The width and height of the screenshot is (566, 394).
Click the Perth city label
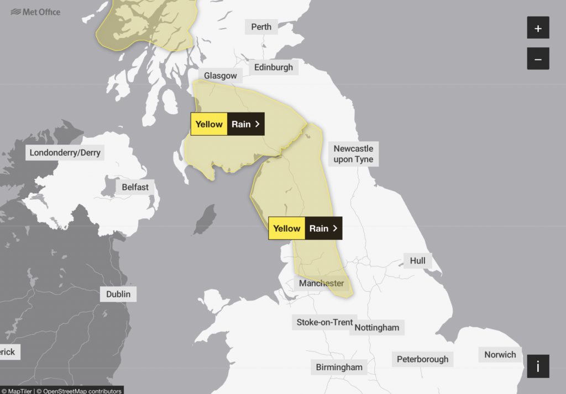261,26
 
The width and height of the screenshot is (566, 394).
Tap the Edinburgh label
274,67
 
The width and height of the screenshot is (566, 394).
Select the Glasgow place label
220,76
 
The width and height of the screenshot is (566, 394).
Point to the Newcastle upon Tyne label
353,154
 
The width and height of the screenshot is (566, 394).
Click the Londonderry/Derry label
65,153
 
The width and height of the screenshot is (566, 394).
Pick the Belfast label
135,187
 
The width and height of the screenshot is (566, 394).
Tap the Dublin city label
118,294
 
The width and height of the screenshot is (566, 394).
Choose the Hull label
417,260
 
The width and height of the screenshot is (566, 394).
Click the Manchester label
321,283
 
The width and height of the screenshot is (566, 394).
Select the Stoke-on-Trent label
324,322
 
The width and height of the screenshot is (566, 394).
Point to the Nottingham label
376,327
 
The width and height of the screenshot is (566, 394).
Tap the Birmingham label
339,367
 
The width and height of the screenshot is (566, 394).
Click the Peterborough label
422,359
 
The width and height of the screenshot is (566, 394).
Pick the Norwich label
500,355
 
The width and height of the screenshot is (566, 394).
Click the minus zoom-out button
538,58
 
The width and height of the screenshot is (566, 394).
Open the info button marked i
538,366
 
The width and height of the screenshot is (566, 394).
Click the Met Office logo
35,12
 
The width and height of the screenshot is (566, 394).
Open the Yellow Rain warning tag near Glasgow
228,124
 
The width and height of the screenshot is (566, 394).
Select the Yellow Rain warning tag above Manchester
305,228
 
